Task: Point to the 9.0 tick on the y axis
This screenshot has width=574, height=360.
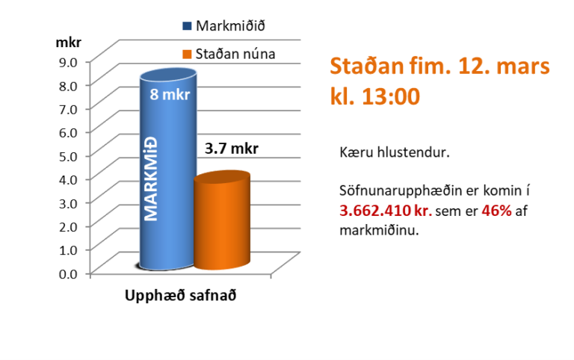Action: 69,60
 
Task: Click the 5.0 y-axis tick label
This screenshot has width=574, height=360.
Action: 69,155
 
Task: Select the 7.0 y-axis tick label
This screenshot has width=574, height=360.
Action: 69,108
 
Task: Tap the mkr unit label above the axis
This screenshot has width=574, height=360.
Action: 69,40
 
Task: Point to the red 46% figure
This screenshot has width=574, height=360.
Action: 496,211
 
